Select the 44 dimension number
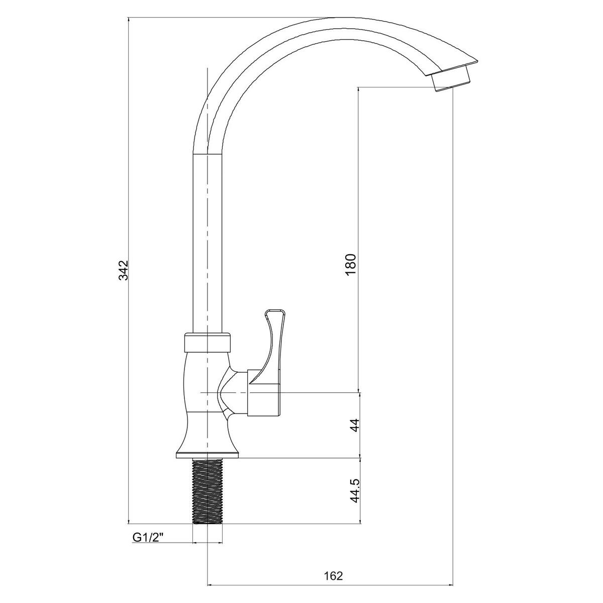coord(355,425)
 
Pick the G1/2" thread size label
coord(148,538)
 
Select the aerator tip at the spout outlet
coord(451,79)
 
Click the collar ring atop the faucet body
coord(208,343)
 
